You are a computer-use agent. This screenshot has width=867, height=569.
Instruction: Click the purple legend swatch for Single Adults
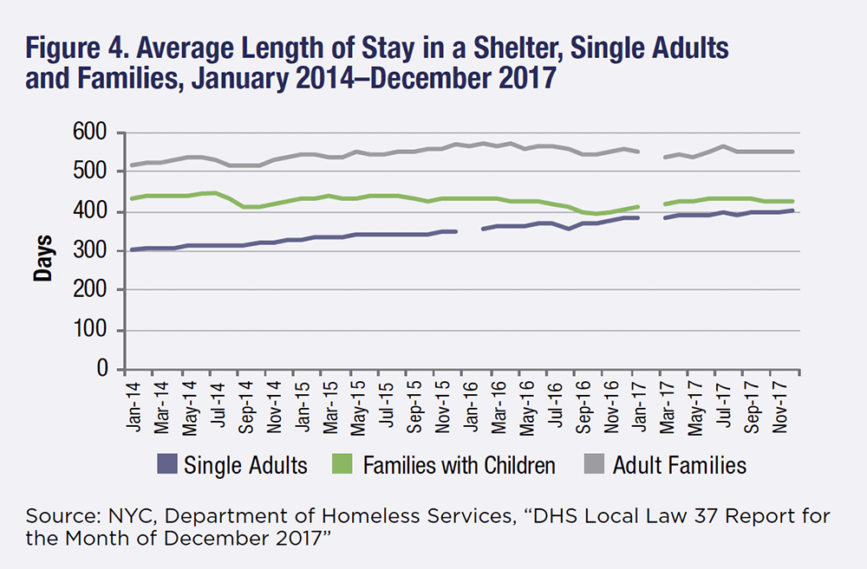167,466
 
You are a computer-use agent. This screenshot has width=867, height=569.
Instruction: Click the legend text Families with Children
460,466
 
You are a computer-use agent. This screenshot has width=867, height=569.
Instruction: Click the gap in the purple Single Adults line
468,230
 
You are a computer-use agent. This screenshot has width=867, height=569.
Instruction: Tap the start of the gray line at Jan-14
130,165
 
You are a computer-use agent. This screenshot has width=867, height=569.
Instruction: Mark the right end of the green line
792,202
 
